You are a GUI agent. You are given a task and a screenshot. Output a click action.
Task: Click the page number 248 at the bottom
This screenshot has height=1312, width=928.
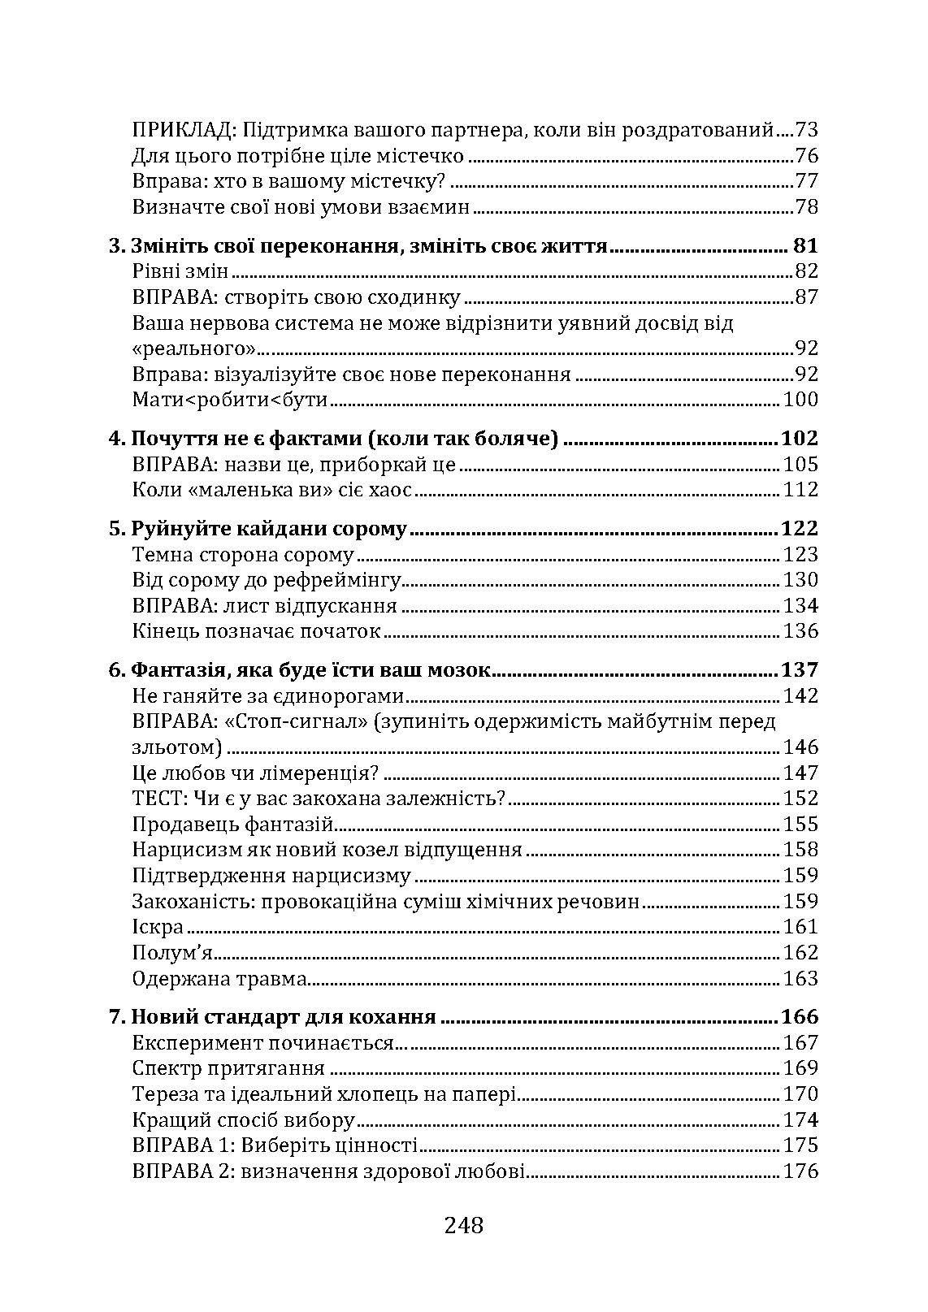tap(464, 1224)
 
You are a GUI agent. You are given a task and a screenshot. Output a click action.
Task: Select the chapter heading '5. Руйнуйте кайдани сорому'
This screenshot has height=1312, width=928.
tap(258, 530)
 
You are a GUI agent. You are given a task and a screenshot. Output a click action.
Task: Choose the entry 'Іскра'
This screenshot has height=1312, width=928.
tap(158, 927)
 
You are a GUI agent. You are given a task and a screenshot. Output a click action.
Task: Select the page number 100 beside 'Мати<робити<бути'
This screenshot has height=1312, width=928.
tap(800, 400)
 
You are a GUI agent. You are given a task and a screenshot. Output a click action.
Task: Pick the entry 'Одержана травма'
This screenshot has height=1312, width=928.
tap(219, 978)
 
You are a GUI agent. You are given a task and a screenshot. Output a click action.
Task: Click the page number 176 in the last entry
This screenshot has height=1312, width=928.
tap(800, 1171)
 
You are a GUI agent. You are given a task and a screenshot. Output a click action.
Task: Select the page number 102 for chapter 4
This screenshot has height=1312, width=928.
tap(799, 439)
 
